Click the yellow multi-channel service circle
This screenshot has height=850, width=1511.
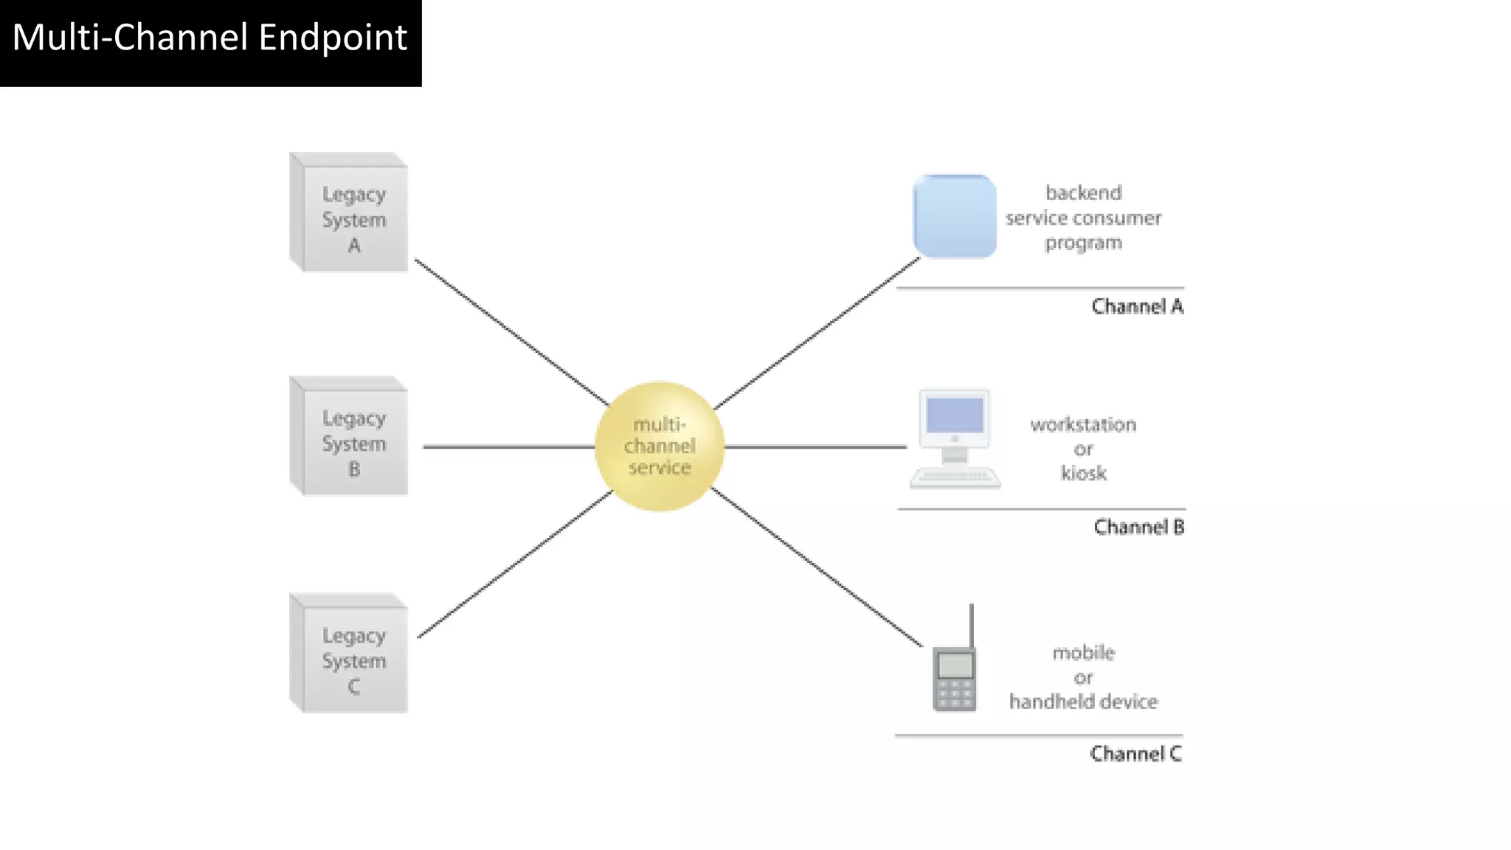[660, 446]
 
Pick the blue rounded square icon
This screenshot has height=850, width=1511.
[955, 216]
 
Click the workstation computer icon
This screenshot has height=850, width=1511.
[955, 438]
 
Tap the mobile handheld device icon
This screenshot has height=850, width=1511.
[955, 677]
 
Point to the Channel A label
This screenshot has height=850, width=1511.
[1137, 306]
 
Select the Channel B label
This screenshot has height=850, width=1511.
[1138, 527]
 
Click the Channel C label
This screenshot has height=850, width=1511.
[1135, 753]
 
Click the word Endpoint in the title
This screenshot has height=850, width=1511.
[333, 38]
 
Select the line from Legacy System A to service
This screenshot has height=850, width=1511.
[511, 331]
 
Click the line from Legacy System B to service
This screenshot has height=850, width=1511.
[509, 446]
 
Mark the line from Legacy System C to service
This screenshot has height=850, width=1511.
[514, 564]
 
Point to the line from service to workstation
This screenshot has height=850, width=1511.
[815, 446]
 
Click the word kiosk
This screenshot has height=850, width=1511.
[1083, 473]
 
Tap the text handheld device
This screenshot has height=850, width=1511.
[1083, 702]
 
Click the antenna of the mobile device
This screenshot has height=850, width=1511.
[971, 624]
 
